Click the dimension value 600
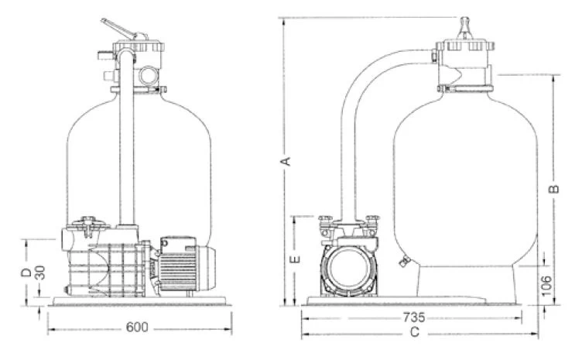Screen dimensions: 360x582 (137, 327)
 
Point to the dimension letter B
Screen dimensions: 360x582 (554, 188)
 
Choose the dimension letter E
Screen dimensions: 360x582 (294, 259)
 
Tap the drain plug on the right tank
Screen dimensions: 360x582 (402, 262)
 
